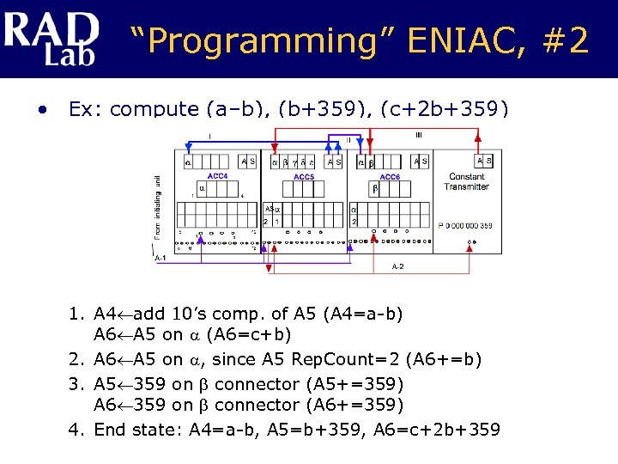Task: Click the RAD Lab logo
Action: pyautogui.click(x=50, y=38)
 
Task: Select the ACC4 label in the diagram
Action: pyautogui.click(x=217, y=175)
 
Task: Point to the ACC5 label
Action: pyautogui.click(x=304, y=177)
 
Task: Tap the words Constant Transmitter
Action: pyautogui.click(x=467, y=181)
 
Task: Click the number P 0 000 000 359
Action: pyautogui.click(x=467, y=226)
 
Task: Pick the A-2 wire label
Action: pyautogui.click(x=397, y=267)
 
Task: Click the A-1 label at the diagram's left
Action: pyautogui.click(x=160, y=257)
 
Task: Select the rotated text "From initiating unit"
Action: pyautogui.click(x=157, y=206)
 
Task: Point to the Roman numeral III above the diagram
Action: pyautogui.click(x=418, y=134)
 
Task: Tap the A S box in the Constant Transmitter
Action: pyautogui.click(x=484, y=160)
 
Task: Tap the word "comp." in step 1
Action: pyautogui.click(x=249, y=314)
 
